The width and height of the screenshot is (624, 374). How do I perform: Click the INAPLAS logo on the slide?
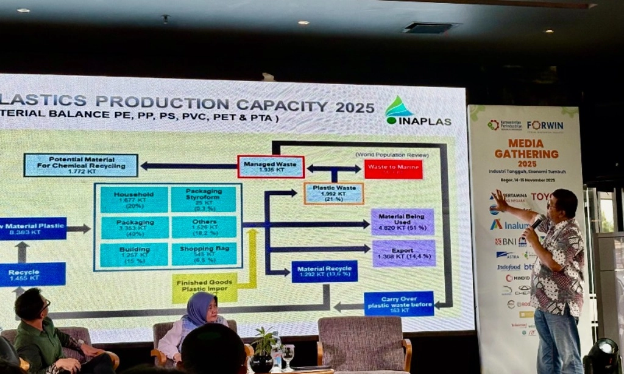417,111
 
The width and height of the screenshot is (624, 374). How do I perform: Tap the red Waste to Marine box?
393,169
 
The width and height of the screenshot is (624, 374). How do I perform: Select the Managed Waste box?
271,166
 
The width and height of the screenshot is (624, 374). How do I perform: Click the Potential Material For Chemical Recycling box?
81,165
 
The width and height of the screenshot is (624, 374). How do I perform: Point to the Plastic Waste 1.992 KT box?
333,193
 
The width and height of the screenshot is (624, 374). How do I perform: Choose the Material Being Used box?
402,222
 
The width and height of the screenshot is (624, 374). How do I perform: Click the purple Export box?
403,253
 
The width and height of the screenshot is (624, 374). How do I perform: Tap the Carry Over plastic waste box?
399,303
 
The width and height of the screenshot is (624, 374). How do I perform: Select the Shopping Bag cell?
204,254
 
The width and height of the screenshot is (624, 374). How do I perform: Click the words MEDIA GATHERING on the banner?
526,148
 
